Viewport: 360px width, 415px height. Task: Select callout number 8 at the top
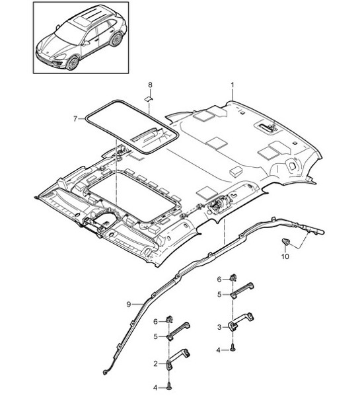click(149, 85)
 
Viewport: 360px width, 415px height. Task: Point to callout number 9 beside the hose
click(129, 304)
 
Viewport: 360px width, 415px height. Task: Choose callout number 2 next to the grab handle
click(156, 363)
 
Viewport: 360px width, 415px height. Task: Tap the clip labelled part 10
click(287, 241)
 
